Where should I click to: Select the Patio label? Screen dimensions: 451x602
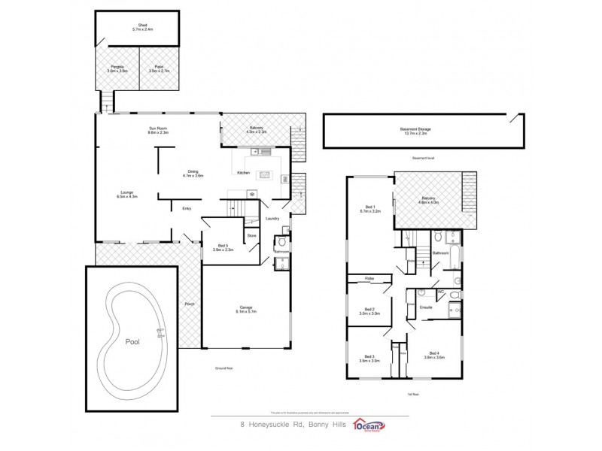click(x=159, y=68)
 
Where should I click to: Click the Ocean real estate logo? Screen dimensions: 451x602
click(x=379, y=426)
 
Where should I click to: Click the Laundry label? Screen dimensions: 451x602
click(x=272, y=219)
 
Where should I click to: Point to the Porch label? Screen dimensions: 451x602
click(x=190, y=304)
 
